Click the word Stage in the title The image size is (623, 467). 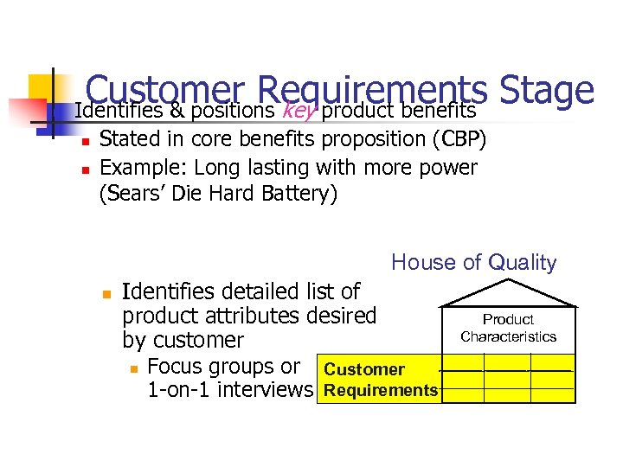tap(547, 92)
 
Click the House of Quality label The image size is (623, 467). tap(474, 262)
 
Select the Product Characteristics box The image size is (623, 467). tap(508, 329)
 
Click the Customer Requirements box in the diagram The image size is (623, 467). tap(380, 380)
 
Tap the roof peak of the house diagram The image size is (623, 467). tap(508, 283)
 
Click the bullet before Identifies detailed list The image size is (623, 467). tap(105, 294)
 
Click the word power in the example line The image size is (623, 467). tap(449, 166)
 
